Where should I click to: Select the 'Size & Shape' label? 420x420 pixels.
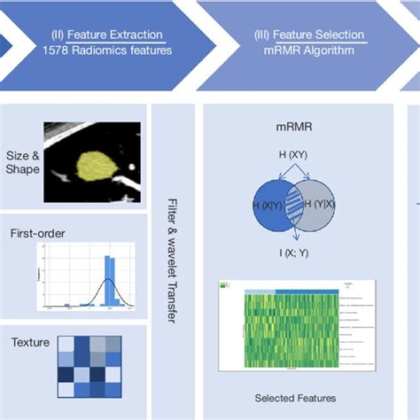click(x=23, y=162)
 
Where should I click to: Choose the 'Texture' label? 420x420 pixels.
click(x=29, y=342)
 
